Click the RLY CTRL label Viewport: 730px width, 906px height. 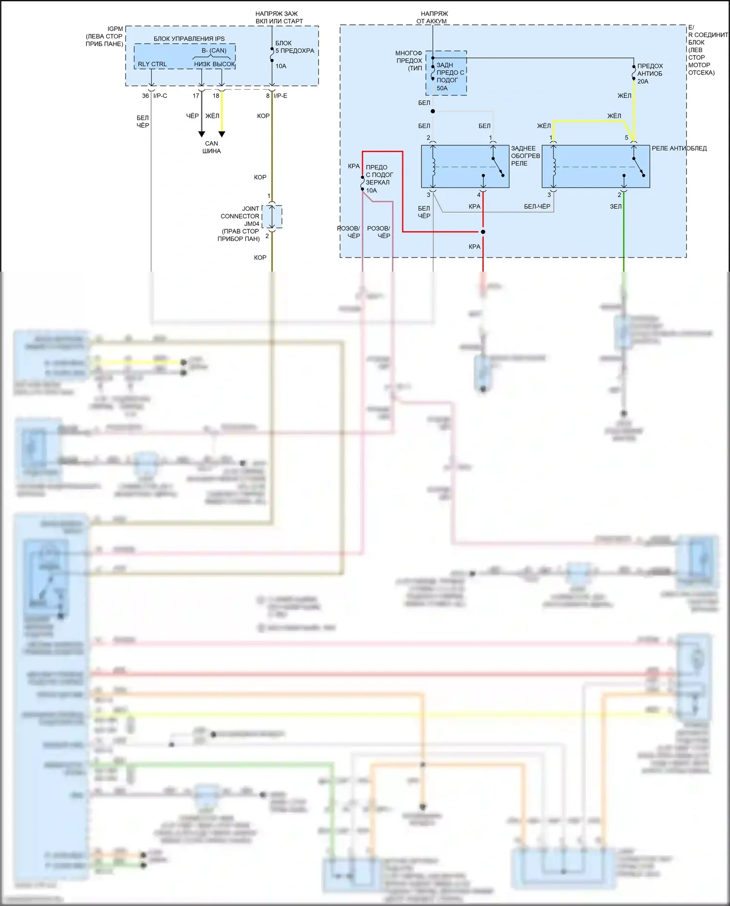tap(152, 64)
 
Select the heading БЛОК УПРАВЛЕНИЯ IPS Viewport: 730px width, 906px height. tap(189, 38)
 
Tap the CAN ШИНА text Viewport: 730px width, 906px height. tap(212, 147)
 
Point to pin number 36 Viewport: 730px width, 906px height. tap(145, 96)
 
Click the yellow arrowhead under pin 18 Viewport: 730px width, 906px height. tap(222, 134)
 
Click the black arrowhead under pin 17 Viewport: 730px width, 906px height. tap(201, 134)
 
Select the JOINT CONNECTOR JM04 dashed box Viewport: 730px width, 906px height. tap(272, 217)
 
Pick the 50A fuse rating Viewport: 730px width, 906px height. tap(442, 88)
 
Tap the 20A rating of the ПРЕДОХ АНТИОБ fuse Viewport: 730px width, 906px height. tap(642, 81)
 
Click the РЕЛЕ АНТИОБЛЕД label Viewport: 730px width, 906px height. tap(679, 148)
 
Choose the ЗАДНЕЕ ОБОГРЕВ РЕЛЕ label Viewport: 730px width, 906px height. tap(525, 156)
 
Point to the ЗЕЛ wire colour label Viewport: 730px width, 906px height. tap(615, 206)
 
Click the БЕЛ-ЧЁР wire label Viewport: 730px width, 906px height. tap(537, 206)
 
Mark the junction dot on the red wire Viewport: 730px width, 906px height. tap(483, 232)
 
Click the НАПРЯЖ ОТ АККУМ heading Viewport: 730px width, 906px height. tap(434, 18)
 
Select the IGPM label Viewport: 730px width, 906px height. tap(115, 29)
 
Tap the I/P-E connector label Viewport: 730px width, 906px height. tap(280, 96)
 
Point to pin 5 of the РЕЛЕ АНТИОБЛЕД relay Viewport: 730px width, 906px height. tap(626, 138)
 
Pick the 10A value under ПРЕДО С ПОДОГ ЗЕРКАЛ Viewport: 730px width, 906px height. tap(371, 190)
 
